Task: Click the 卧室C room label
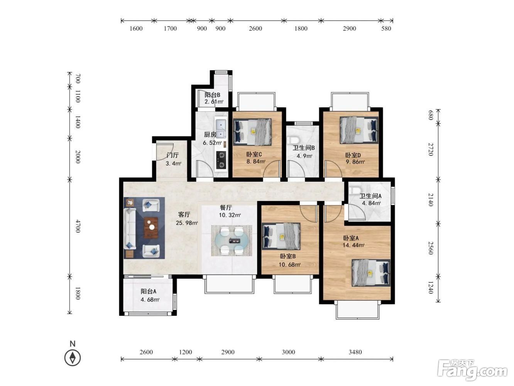(254, 155)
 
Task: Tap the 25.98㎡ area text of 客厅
(187, 223)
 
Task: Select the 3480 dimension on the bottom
(355, 352)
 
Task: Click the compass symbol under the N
(73, 358)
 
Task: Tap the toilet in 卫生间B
(292, 140)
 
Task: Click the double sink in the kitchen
(221, 128)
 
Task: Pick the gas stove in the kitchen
(221, 160)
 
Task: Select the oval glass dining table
(232, 240)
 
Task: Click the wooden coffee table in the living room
(151, 228)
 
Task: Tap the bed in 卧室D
(359, 130)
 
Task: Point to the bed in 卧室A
(371, 273)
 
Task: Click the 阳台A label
(149, 291)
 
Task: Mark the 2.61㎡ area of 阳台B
(214, 102)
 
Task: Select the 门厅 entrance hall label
(172, 155)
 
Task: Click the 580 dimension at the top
(386, 29)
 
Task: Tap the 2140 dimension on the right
(431, 200)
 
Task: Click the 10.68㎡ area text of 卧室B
(289, 265)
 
